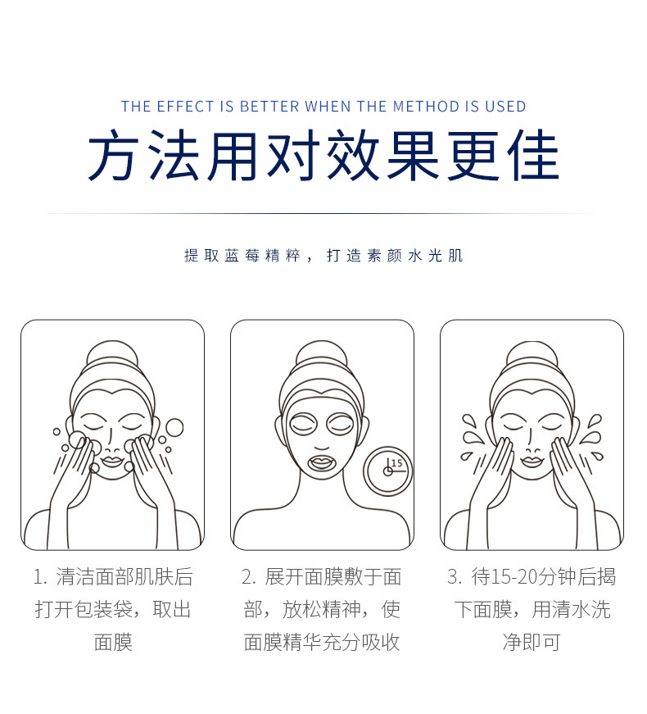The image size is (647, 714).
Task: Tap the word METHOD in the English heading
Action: pyautogui.click(x=422, y=107)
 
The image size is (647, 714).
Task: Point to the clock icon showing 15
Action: pyautogui.click(x=389, y=471)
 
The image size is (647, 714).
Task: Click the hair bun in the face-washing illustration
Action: pyautogui.click(x=111, y=357)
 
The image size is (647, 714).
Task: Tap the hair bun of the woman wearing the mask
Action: pyautogui.click(x=321, y=357)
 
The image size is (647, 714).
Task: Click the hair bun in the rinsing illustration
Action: pyautogui.click(x=532, y=357)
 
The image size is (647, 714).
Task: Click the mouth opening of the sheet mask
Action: pyautogui.click(x=321, y=460)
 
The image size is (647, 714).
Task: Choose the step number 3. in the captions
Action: pyautogui.click(x=455, y=577)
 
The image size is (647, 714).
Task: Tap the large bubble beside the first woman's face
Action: pyautogui.click(x=174, y=427)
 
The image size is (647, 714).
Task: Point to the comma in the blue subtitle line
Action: pyautogui.click(x=310, y=257)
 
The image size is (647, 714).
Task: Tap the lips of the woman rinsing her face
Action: pyautogui.click(x=532, y=462)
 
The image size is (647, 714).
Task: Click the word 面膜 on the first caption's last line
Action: pyautogui.click(x=113, y=641)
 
